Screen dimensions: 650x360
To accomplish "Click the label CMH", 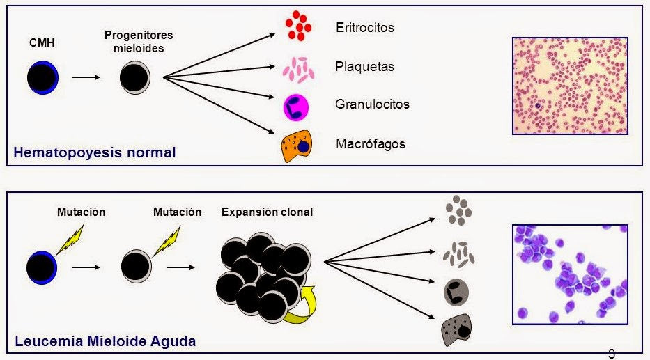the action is click(42, 42).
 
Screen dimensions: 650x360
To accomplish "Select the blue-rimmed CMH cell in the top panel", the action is click(42, 77).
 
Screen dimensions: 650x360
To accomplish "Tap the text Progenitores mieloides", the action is click(139, 41).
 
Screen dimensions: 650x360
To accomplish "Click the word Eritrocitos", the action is click(365, 27).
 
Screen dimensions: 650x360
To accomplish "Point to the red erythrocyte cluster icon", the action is click(298, 26).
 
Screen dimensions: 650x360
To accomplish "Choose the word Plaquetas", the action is click(365, 66).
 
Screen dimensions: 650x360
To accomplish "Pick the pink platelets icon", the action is click(298, 70).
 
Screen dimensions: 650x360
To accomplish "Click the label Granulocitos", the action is click(372, 104).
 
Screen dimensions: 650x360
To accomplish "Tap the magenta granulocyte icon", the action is click(296, 107).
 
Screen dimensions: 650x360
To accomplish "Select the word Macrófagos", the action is click(371, 143).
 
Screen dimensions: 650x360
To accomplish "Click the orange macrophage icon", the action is click(297, 146).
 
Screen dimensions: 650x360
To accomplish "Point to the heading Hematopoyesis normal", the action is click(95, 152).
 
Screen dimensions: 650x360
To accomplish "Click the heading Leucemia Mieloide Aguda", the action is click(105, 341).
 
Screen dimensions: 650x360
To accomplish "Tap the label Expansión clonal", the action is click(267, 212).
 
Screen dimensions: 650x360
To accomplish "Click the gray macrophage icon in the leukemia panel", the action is click(457, 330).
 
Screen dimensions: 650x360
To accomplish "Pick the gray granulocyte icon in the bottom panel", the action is click(456, 292).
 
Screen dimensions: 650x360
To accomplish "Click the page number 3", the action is click(612, 354).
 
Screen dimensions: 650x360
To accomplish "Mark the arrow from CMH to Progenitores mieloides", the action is click(86, 77).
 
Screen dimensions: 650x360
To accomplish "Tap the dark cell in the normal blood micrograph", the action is click(538, 106).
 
